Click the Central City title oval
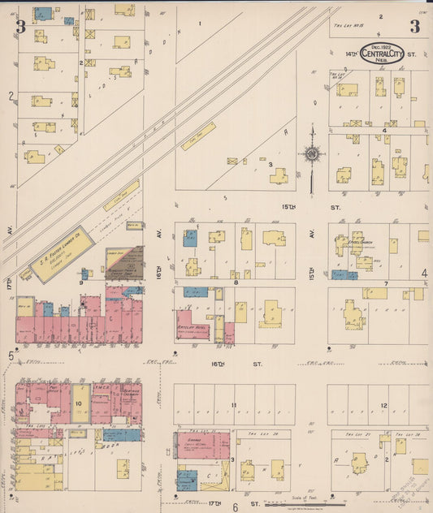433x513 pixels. tap(381, 54)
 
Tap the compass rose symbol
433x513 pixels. tap(311, 153)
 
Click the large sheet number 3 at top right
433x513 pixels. tap(414, 26)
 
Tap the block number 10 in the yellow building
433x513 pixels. tap(80, 403)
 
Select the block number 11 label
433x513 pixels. tap(233, 404)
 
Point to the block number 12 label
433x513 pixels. tap(383, 404)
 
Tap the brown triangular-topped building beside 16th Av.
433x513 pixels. tap(124, 265)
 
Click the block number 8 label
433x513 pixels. tap(236, 282)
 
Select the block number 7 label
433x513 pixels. tap(385, 283)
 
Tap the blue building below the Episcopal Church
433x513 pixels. tap(344, 275)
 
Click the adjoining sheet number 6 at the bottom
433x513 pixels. tap(236, 507)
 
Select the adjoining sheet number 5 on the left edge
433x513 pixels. tap(11, 355)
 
